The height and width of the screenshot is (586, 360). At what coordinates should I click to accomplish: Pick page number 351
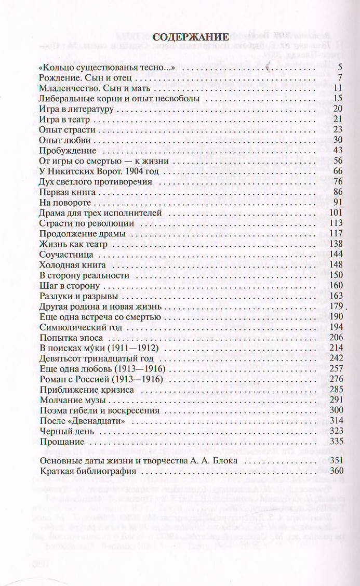tap(337, 461)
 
